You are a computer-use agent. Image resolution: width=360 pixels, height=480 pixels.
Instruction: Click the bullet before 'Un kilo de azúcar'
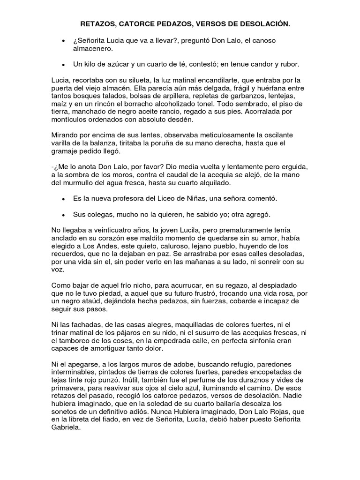click(63, 64)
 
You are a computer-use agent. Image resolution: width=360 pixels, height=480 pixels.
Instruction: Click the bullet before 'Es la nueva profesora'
click(63, 199)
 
